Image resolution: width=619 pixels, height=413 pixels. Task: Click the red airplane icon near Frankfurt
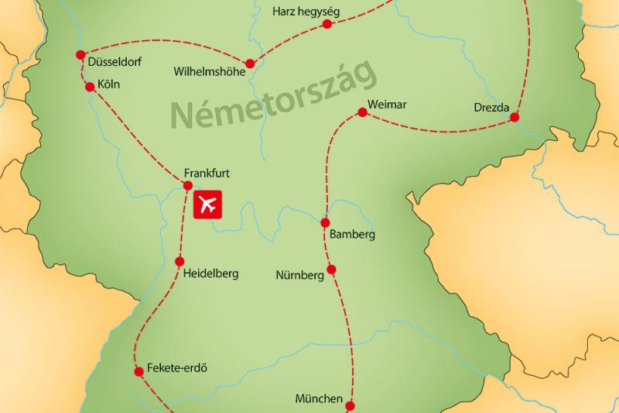pyautogui.click(x=207, y=204)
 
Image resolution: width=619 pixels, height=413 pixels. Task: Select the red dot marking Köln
pyautogui.click(x=90, y=87)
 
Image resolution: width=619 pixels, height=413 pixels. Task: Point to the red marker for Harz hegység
pyautogui.click(x=327, y=24)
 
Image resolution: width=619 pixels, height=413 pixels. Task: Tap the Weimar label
pyautogui.click(x=388, y=105)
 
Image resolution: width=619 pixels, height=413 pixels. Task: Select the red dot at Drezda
pyautogui.click(x=515, y=117)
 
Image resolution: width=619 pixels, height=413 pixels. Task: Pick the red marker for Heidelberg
pyautogui.click(x=180, y=261)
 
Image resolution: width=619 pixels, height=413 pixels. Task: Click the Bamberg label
pyautogui.click(x=352, y=234)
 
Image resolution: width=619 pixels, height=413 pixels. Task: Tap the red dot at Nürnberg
pyautogui.click(x=331, y=270)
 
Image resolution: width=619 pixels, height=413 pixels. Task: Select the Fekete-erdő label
pyautogui.click(x=177, y=368)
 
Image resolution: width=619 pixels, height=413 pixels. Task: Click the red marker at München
pyautogui.click(x=350, y=405)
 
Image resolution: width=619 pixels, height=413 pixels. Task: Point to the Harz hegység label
pyautogui.click(x=306, y=12)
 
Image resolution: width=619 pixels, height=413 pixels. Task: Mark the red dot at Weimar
pyautogui.click(x=361, y=114)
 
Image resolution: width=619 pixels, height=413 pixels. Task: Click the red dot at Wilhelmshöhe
pyautogui.click(x=249, y=64)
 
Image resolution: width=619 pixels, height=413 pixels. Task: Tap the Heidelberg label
pyautogui.click(x=210, y=273)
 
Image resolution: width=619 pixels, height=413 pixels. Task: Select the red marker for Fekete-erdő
pyautogui.click(x=139, y=372)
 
